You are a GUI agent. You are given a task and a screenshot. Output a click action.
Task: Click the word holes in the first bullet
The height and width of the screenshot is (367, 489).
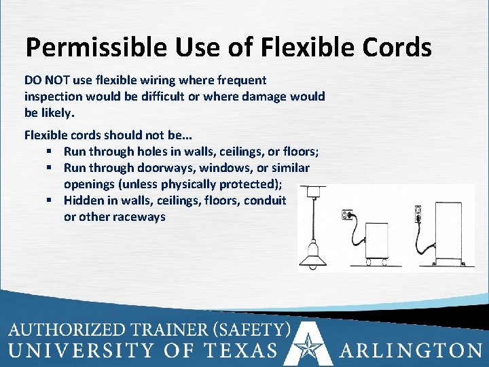point(154,151)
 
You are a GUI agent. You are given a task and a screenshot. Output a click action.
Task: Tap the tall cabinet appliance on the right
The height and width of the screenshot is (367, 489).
point(444,231)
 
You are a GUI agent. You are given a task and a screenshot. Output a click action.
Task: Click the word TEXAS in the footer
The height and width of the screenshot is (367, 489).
point(240,351)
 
